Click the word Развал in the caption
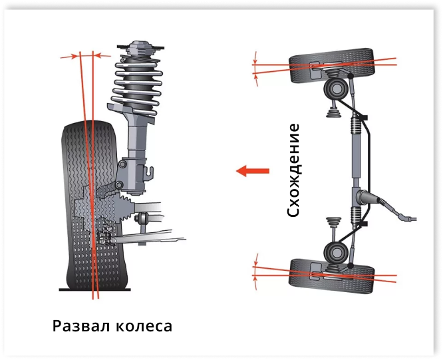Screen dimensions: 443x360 click(81, 326)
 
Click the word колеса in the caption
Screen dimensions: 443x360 click(144, 327)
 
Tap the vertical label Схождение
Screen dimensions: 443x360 click(293, 170)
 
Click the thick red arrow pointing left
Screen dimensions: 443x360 click(253, 170)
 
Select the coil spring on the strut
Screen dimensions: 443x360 click(137, 85)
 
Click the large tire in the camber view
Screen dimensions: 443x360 click(93, 206)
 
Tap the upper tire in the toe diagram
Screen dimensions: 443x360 click(331, 65)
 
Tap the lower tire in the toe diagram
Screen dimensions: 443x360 click(332, 275)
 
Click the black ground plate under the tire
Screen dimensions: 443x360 click(94, 289)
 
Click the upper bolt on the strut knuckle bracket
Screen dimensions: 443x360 click(122, 164)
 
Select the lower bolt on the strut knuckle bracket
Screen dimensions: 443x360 click(119, 185)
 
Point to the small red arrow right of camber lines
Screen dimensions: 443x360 click(102, 56)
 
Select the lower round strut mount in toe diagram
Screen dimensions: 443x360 click(335, 252)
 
